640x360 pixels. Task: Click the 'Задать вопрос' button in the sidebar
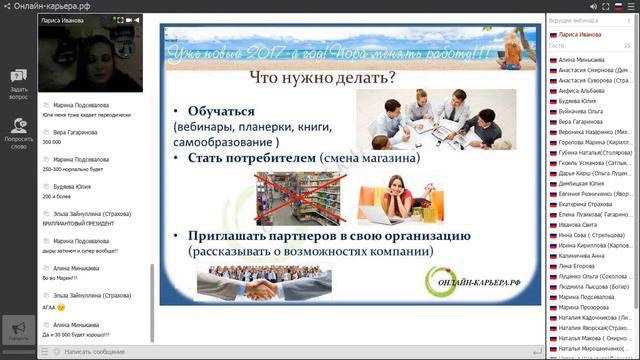(18, 84)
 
